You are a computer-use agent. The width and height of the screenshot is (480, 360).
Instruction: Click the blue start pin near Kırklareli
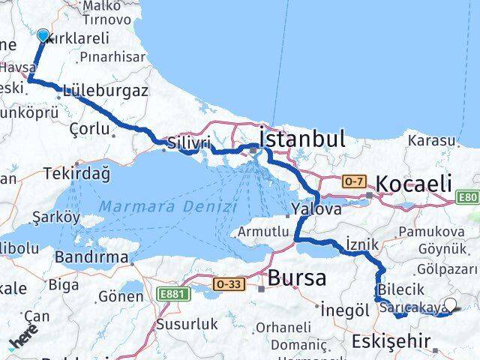[43, 35]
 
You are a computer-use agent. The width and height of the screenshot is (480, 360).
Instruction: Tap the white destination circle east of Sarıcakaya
[450, 304]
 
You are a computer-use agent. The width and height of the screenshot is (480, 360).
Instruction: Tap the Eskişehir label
[390, 342]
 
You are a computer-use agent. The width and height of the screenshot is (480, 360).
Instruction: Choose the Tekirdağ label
[77, 173]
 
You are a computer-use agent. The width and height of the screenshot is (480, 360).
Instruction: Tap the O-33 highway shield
[227, 283]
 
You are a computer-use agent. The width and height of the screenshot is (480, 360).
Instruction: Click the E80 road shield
[469, 198]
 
